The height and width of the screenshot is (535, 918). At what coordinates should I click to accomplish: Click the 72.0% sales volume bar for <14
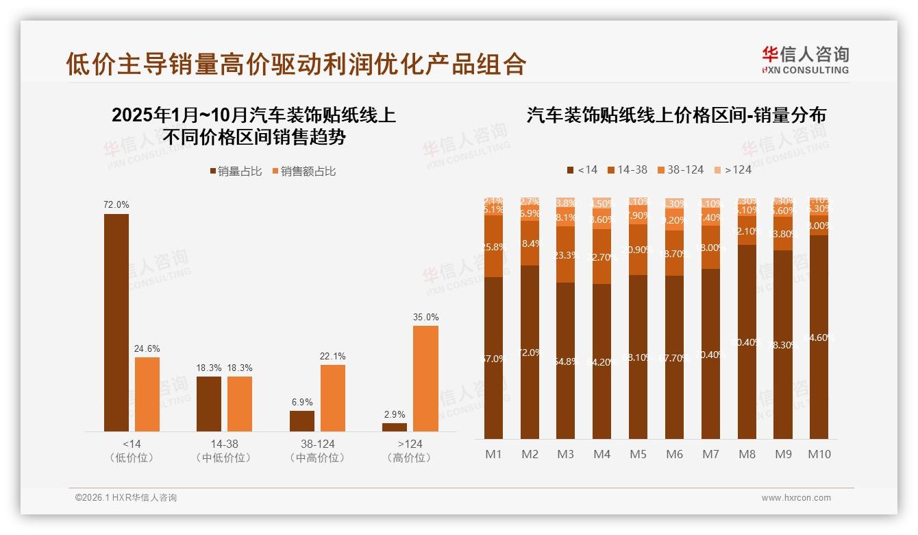click(x=116, y=322)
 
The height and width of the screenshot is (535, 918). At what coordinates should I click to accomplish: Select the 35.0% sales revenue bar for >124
click(x=425, y=378)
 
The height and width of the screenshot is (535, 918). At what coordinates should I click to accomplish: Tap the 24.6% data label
click(x=147, y=348)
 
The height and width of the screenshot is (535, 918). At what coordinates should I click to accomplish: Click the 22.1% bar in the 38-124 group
click(x=333, y=398)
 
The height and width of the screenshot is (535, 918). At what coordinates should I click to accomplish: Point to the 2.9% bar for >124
click(x=395, y=427)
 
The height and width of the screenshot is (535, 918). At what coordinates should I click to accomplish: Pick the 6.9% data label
click(x=302, y=402)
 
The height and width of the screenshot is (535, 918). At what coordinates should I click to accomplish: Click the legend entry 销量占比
click(x=236, y=171)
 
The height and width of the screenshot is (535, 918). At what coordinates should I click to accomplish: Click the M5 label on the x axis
click(x=638, y=454)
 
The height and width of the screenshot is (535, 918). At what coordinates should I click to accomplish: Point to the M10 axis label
click(x=819, y=454)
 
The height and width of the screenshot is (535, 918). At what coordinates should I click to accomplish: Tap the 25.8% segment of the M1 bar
click(x=493, y=246)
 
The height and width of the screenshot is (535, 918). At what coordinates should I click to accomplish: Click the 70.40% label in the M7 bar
click(x=710, y=355)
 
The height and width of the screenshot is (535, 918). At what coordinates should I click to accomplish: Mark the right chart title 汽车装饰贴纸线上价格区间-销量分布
click(x=675, y=115)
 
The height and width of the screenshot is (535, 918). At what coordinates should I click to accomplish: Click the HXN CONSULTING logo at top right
click(x=805, y=60)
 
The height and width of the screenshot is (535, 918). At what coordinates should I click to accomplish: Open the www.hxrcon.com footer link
click(x=795, y=498)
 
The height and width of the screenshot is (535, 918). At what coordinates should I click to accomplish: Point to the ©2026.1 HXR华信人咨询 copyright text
click(x=125, y=498)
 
